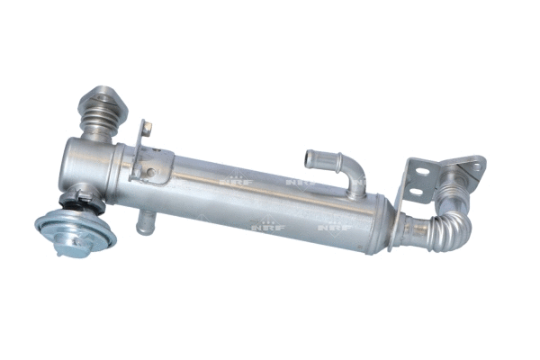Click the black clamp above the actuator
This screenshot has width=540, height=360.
(x=80, y=195)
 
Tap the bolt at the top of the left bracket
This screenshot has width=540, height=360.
(x=148, y=126)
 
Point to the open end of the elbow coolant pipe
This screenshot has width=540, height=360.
(x=310, y=157)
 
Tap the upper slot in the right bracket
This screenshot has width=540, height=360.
(x=417, y=176)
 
